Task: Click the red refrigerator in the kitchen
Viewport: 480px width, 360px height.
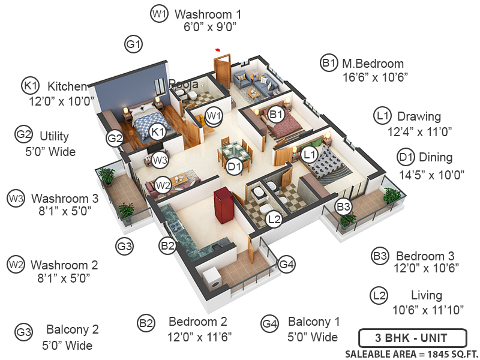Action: click(x=224, y=205)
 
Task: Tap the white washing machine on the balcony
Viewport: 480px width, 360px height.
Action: click(x=212, y=279)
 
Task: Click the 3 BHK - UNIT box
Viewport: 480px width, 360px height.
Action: click(x=412, y=338)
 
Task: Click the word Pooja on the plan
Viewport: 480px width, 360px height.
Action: click(x=184, y=84)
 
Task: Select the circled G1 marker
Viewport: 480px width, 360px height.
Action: click(x=133, y=44)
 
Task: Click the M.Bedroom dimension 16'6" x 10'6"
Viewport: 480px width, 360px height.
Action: click(x=375, y=77)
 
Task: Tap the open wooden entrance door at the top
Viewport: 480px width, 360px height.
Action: click(x=222, y=71)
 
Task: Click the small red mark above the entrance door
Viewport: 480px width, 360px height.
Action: click(x=218, y=50)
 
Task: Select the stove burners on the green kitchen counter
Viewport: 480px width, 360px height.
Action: click(x=176, y=227)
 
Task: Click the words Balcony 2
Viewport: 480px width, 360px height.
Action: click(x=72, y=329)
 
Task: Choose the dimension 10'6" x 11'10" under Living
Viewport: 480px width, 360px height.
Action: click(x=428, y=310)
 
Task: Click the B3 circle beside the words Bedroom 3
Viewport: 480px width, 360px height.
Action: click(x=380, y=256)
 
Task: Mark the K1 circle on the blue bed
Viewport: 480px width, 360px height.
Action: click(x=158, y=132)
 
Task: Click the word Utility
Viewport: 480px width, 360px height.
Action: click(x=54, y=137)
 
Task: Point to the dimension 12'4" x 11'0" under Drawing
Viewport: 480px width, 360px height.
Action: click(x=419, y=132)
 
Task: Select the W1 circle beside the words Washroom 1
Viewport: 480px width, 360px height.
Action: click(x=159, y=14)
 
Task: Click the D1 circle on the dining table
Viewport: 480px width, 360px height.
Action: click(x=234, y=167)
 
